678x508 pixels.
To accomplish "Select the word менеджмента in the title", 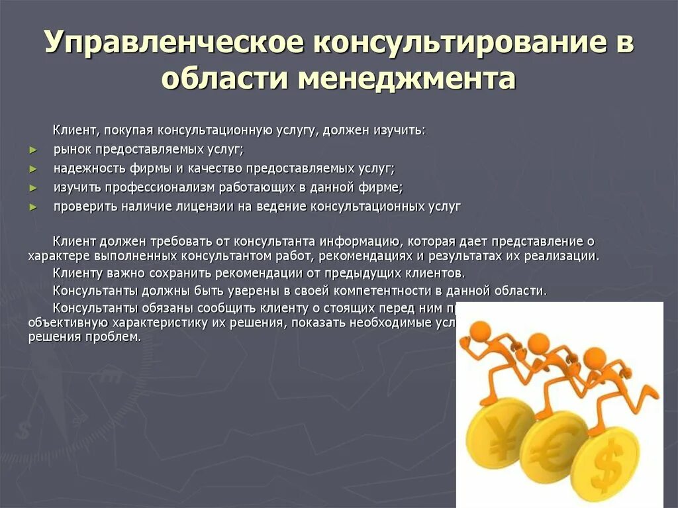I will tap(406, 79).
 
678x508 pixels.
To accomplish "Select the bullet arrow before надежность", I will tap(34, 169).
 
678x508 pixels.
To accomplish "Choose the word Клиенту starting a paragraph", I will tap(77, 273).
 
